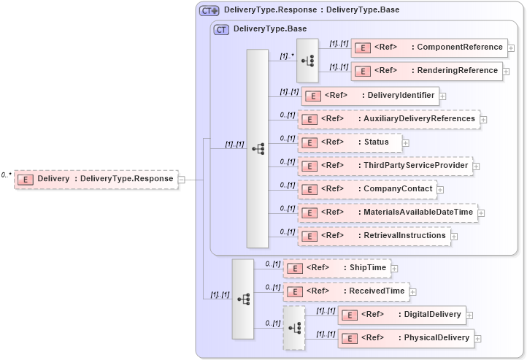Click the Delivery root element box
(96, 179)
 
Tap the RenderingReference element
(426, 72)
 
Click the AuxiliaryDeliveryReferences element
(388, 119)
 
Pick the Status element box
(350, 142)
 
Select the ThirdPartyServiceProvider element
(384, 166)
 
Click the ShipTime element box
(336, 268)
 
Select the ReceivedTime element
(346, 291)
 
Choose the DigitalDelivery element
(401, 315)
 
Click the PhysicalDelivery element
(406, 338)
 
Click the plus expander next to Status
(406, 143)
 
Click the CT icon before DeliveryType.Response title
(209, 10)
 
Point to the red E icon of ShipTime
(294, 269)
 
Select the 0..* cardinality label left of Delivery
(7, 175)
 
